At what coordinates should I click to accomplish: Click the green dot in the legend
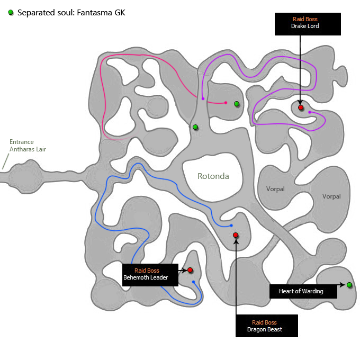(x=11, y=12)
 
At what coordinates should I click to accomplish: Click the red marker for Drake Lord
(x=301, y=107)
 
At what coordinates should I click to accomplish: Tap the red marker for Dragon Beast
(x=236, y=235)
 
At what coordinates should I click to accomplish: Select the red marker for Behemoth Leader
(x=190, y=270)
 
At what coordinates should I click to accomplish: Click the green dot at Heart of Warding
(x=349, y=285)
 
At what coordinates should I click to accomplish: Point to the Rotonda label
(x=213, y=176)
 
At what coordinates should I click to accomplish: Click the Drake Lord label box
(x=308, y=24)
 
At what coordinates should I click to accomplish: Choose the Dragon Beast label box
(x=266, y=326)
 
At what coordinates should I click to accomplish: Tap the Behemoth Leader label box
(x=150, y=275)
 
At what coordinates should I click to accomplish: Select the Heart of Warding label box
(x=303, y=291)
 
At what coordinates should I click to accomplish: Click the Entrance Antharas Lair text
(x=28, y=146)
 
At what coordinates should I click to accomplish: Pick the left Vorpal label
(x=275, y=189)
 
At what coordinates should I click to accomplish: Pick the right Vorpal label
(x=331, y=196)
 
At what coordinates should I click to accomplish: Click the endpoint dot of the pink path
(x=226, y=103)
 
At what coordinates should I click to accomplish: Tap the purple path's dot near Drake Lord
(x=310, y=112)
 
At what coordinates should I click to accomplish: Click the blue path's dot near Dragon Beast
(x=231, y=226)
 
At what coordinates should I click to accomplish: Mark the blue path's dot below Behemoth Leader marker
(x=194, y=282)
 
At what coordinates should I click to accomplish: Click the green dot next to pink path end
(x=237, y=104)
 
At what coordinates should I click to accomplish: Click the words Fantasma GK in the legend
(x=101, y=13)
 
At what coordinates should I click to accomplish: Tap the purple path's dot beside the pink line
(x=203, y=98)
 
